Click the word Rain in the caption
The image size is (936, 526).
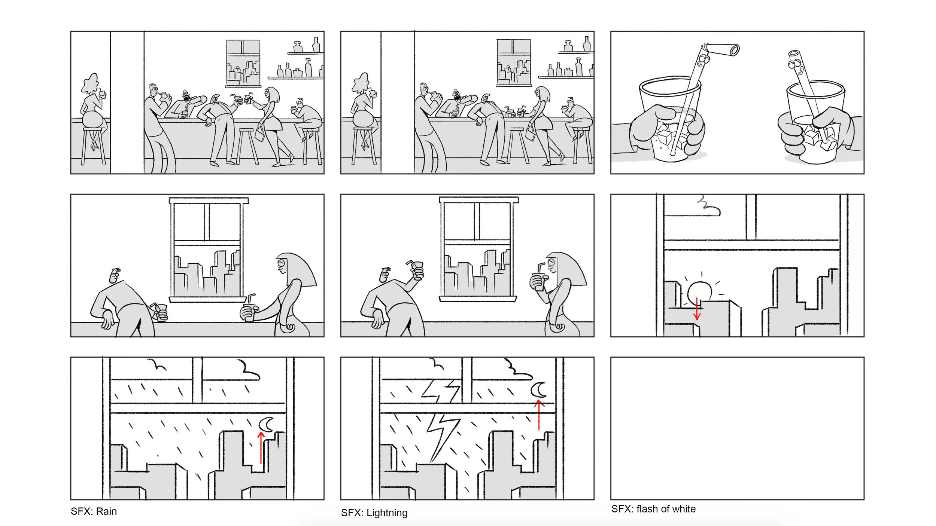pos(106,511)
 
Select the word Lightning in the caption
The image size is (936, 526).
pos(387,513)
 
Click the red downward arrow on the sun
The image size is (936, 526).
pos(697,309)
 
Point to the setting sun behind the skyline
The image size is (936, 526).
pos(699,292)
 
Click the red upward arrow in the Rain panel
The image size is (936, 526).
pos(261,448)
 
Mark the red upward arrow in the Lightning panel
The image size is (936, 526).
pos(539,415)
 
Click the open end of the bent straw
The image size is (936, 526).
pos(735,50)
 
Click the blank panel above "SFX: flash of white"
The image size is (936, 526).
pos(737,428)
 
